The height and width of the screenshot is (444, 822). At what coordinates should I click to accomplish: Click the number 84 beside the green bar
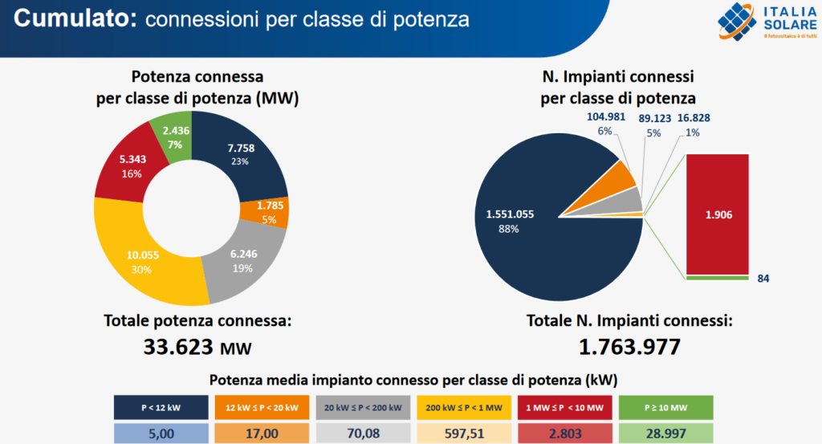click(763, 279)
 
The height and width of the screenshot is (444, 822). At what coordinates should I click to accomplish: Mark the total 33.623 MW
click(197, 347)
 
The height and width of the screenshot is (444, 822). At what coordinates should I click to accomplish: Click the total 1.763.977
click(629, 347)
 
